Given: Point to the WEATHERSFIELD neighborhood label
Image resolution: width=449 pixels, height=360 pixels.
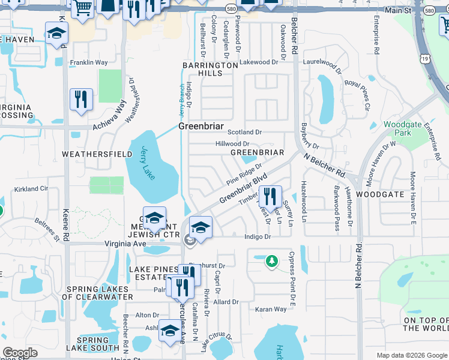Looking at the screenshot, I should click(97, 154).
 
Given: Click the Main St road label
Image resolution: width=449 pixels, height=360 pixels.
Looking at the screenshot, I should click(398, 11).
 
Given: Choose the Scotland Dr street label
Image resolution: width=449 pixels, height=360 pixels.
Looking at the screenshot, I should click(247, 132).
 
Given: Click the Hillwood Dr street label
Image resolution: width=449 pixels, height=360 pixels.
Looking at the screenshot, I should click(232, 144).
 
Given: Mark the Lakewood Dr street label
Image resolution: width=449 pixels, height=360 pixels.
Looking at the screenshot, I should click(259, 62).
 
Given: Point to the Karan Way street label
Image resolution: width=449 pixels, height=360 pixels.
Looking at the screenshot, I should click(271, 310).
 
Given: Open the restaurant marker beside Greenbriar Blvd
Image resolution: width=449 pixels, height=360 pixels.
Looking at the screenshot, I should click(270, 196).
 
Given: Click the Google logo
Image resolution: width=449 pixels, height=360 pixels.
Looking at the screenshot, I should click(20, 353).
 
